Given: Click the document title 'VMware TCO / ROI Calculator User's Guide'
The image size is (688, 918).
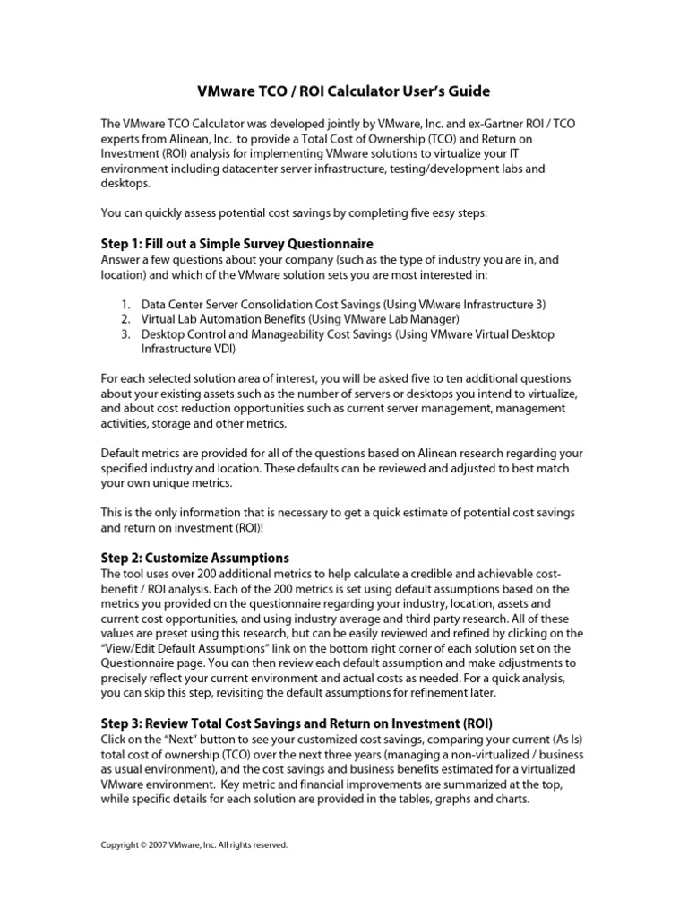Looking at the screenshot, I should pos(343,92).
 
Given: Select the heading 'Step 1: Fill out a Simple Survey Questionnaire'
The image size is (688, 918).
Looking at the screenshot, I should pos(236,244).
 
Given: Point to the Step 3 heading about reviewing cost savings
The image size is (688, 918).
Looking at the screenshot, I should pos(297,723).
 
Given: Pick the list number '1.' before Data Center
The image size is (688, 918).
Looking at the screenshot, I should pos(125,304).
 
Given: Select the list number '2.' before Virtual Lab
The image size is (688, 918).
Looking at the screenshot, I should pos(125,319).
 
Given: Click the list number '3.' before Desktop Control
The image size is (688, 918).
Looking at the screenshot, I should pos(125,334).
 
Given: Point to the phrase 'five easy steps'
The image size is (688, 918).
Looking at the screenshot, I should pos(456,213).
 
